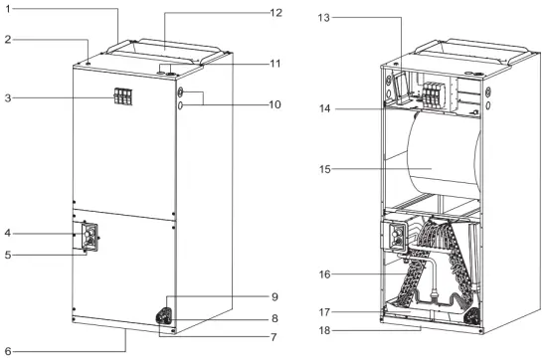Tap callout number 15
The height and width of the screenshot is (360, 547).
[x=323, y=169]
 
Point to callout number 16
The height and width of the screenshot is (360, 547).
[x=323, y=273]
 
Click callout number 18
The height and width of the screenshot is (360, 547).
[x=323, y=328]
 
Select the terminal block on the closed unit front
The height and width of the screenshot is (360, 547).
[x=123, y=96]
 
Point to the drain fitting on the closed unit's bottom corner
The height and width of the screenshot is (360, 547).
[x=162, y=316]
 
